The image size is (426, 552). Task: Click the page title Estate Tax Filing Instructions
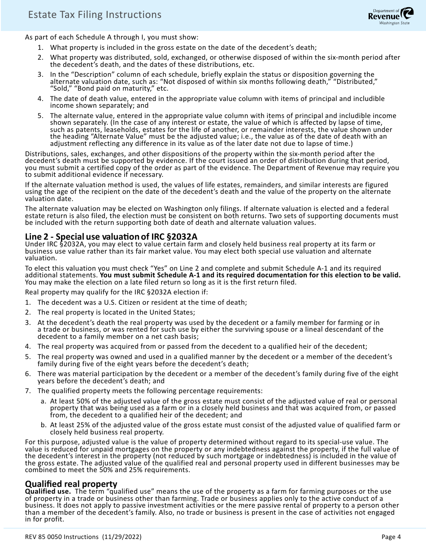coord(95,15)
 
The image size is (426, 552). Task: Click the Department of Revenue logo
coord(389,16)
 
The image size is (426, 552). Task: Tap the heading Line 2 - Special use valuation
coord(111,237)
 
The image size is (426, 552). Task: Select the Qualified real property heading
coord(71,484)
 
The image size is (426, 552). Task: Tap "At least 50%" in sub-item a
coord(70,401)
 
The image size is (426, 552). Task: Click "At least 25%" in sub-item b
coord(70,425)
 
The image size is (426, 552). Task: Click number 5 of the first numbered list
coord(40,115)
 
